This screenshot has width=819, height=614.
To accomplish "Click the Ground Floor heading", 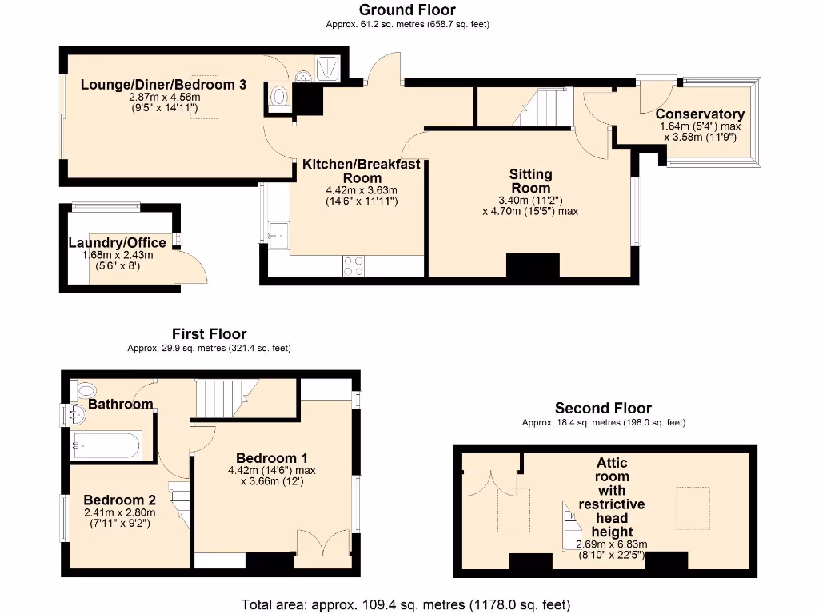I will point(407,10).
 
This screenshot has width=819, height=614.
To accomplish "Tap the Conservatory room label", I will point(700,114).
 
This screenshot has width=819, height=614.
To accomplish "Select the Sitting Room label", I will point(531,181).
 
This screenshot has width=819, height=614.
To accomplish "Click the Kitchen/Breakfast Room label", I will point(362,170).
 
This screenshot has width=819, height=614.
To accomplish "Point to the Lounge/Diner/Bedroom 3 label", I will point(163,85).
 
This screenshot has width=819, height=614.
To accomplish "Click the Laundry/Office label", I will point(118,243).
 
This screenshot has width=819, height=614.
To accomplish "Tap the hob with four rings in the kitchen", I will point(353,265).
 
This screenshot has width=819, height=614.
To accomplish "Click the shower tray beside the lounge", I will point(329,69).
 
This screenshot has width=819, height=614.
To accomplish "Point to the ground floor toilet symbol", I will point(279,97).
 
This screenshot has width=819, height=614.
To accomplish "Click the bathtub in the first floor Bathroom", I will point(106,445).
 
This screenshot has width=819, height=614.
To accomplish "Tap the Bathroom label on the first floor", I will point(121,405).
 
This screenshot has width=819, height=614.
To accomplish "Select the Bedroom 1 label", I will point(272,457).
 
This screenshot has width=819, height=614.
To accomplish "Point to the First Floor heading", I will point(210,334).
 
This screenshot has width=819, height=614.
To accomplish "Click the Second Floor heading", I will point(603,408).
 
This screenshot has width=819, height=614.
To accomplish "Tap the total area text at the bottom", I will point(406,604).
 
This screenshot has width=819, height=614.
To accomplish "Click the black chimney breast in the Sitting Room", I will point(533,266).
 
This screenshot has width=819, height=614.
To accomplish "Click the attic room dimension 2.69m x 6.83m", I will point(612,545).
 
